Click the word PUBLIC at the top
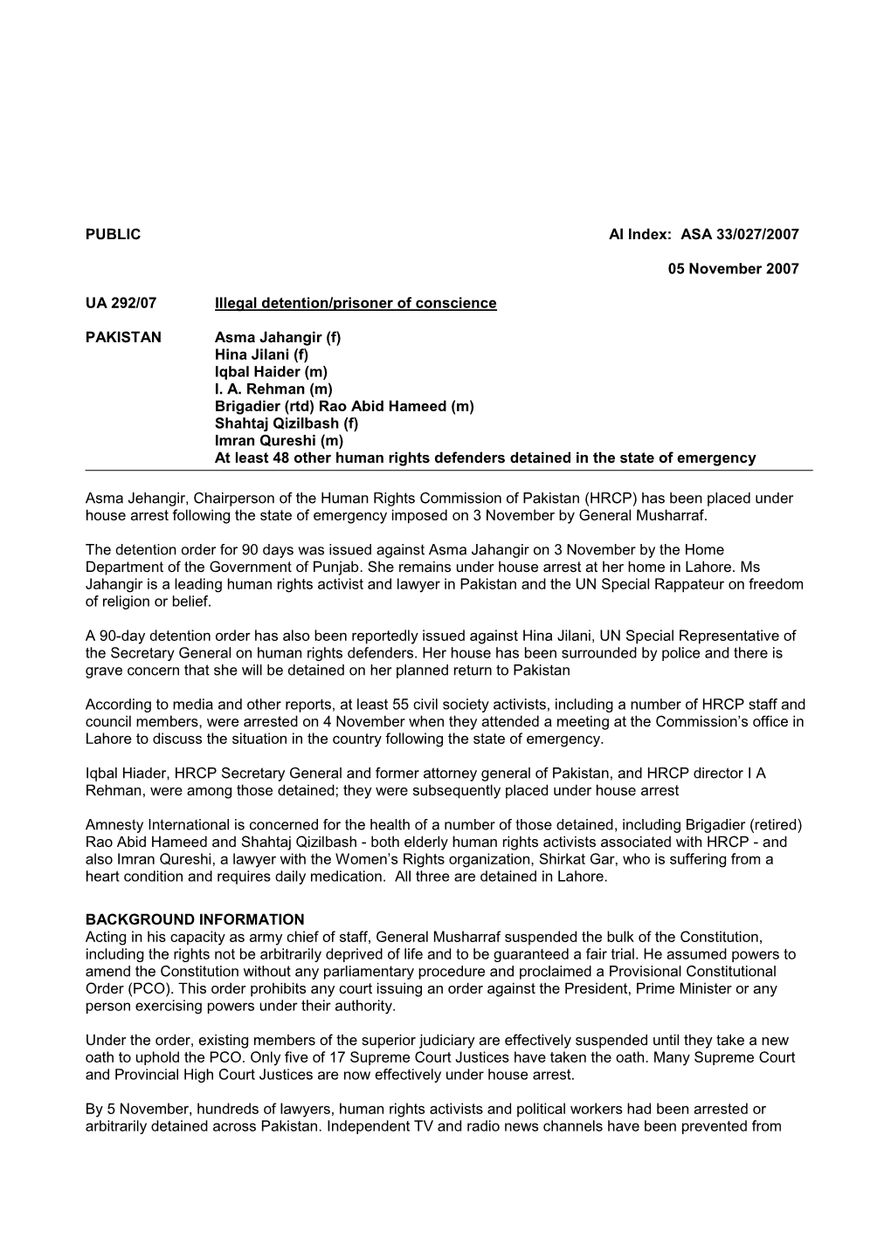(113, 235)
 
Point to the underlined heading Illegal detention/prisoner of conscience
(356, 303)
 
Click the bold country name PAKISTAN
(123, 337)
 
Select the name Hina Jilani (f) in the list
(261, 354)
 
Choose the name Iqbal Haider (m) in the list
(271, 372)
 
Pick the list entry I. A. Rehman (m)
(273, 389)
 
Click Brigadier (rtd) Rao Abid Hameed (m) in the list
(344, 406)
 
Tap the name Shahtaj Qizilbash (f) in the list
(287, 423)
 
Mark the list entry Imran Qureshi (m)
(279, 441)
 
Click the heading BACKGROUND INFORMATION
(195, 919)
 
